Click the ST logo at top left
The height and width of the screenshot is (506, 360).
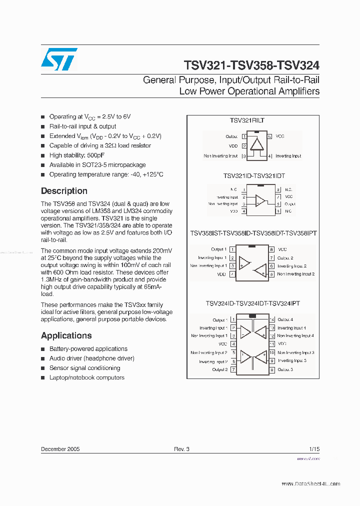tap(59, 59)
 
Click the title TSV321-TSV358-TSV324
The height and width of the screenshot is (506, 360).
tap(251, 65)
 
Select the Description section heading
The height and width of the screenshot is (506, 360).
tap(64, 191)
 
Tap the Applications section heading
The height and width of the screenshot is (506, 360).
tap(66, 335)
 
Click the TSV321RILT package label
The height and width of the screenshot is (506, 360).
tap(247, 120)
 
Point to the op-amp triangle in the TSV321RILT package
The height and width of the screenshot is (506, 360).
tap(257, 144)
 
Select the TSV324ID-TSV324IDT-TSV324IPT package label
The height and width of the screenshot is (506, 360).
tap(252, 303)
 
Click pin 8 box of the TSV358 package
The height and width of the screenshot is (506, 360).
tap(271, 249)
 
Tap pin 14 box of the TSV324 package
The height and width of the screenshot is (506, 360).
tap(272, 319)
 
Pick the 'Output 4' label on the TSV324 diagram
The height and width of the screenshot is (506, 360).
tap(285, 319)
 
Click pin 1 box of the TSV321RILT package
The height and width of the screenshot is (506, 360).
tap(244, 136)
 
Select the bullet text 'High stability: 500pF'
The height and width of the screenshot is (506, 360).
tap(77, 155)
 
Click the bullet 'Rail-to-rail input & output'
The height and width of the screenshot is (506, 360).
tap(82, 126)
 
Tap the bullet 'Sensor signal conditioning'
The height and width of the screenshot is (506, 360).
tap(84, 368)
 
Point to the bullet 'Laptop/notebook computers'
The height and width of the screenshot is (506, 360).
tap(86, 377)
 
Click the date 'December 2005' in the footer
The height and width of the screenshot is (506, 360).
tap(60, 449)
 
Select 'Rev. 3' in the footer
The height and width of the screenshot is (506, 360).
tap(181, 449)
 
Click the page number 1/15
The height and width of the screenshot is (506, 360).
tap(314, 449)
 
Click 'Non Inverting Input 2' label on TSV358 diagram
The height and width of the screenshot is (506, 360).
tap(295, 274)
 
